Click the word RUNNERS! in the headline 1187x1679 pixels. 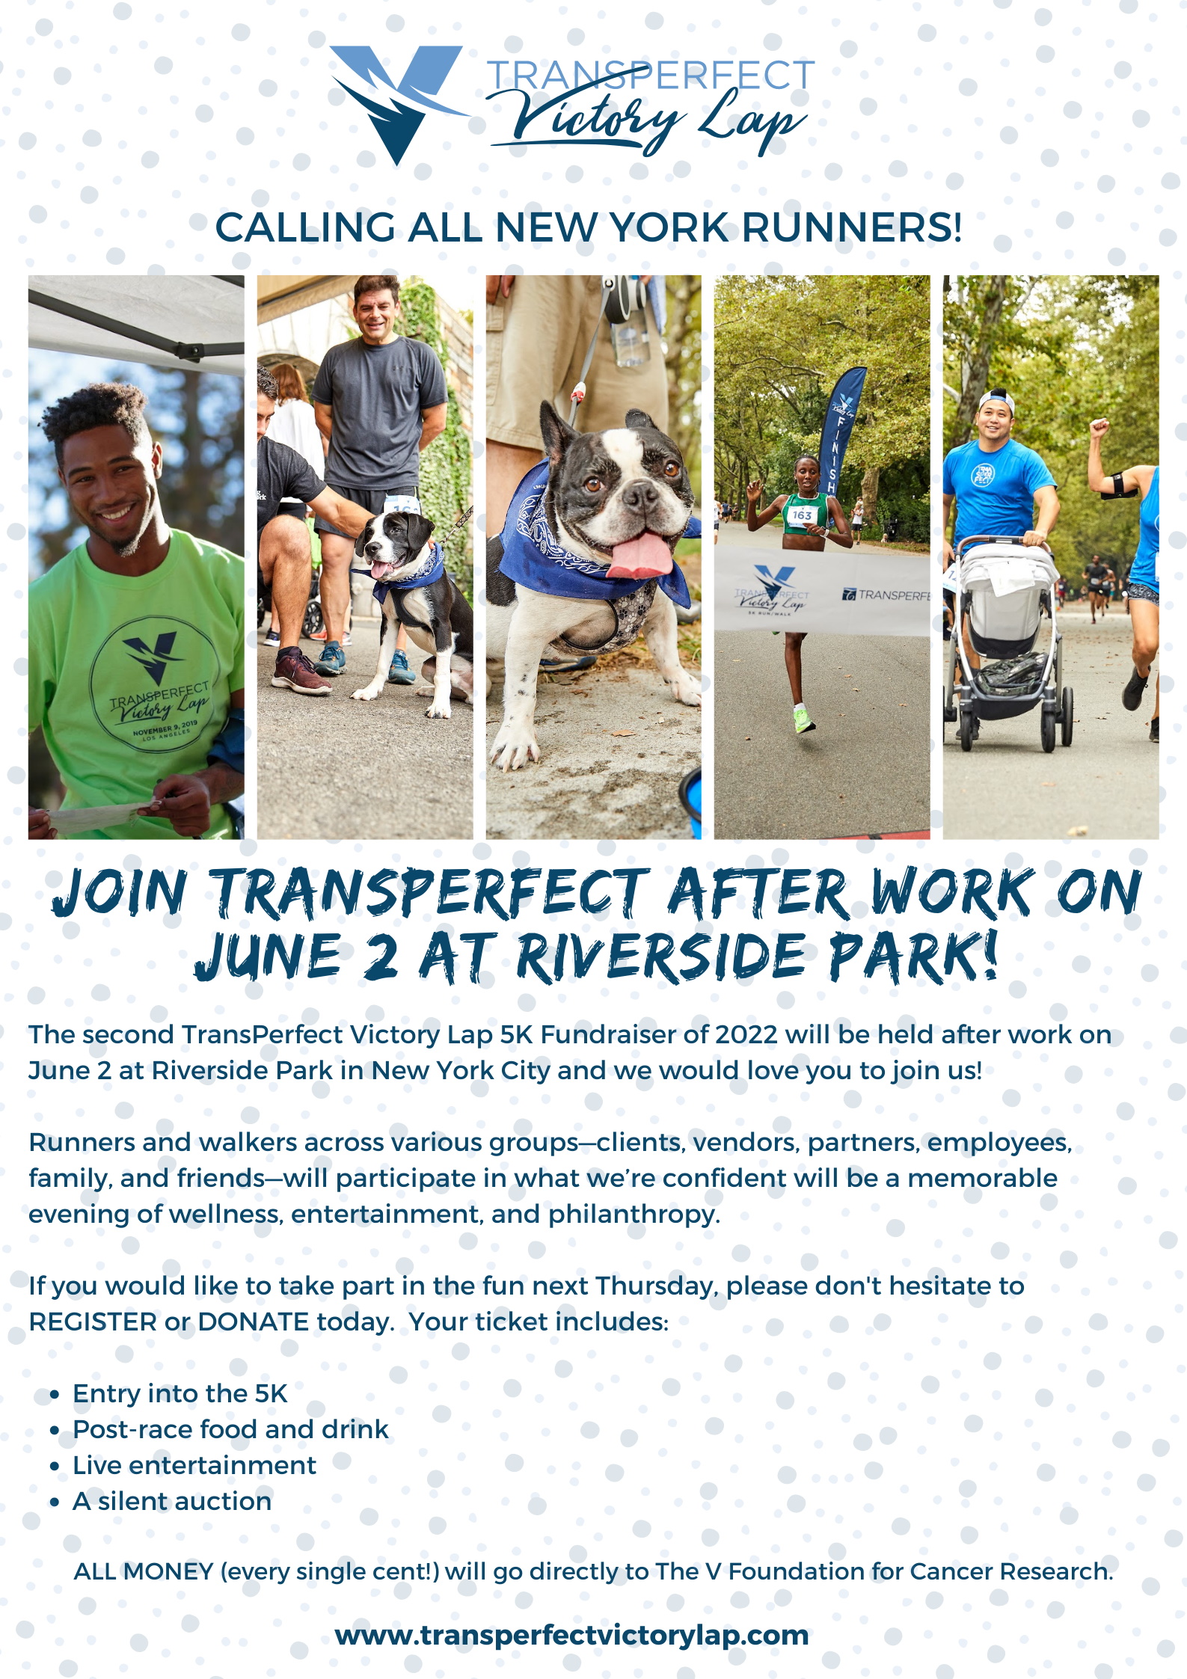click(852, 228)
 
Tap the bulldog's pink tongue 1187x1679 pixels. click(640, 555)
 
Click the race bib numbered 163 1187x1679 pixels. click(802, 515)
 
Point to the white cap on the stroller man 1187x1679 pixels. click(997, 400)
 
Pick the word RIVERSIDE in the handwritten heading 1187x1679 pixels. click(661, 957)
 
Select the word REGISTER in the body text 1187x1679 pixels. click(93, 1322)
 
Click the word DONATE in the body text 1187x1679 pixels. click(254, 1322)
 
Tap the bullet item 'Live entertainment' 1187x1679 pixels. click(194, 1465)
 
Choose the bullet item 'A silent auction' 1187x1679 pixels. click(172, 1501)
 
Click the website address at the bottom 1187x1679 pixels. click(572, 1635)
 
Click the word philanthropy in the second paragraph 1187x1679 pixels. click(634, 1215)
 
